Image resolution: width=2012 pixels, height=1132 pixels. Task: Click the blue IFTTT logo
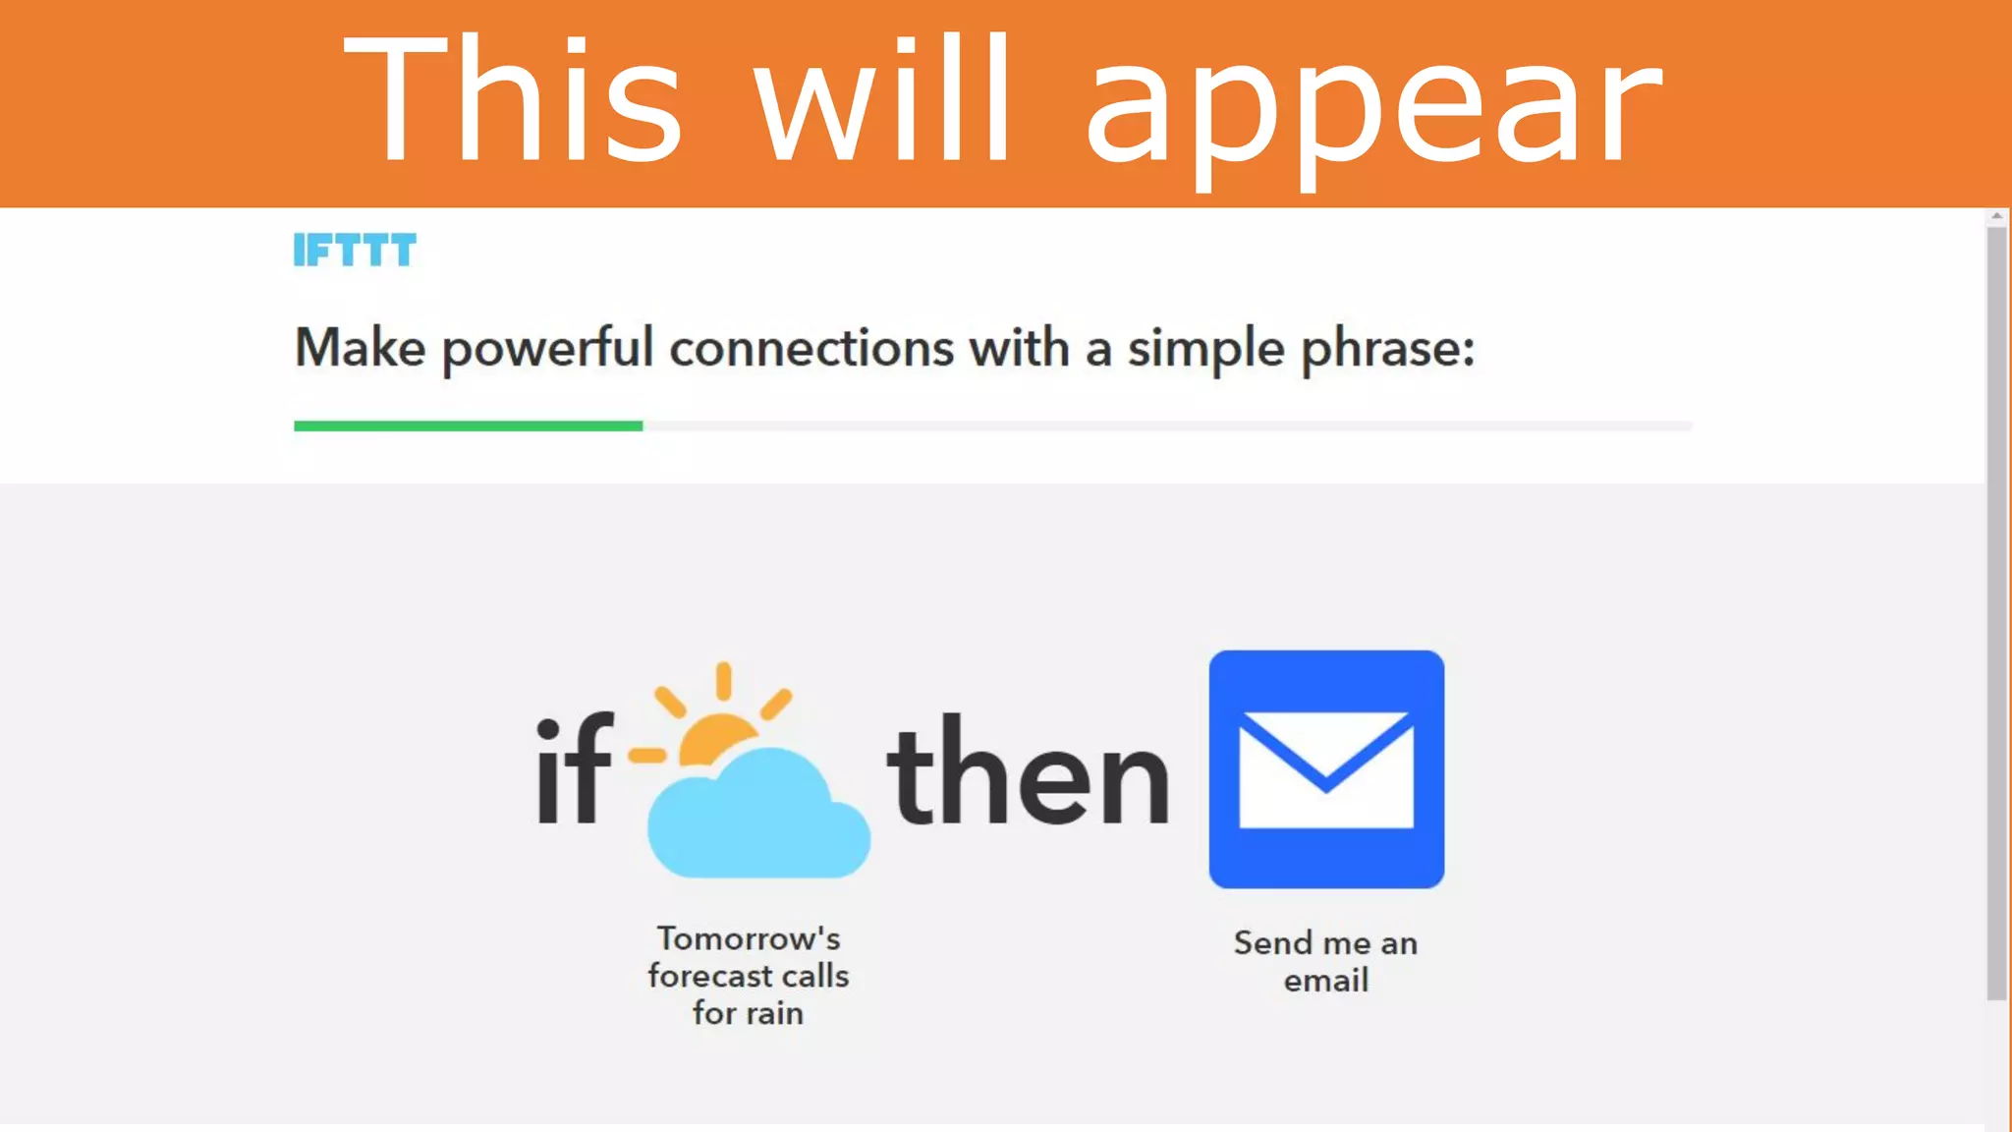pos(355,251)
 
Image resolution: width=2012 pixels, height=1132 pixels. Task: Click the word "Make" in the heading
pos(360,348)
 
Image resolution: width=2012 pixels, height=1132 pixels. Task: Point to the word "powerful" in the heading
pos(547,350)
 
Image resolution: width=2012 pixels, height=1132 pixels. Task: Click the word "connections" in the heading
pos(811,349)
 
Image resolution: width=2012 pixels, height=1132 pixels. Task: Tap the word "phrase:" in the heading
pos(1387,350)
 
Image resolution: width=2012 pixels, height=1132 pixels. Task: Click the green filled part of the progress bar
pos(468,425)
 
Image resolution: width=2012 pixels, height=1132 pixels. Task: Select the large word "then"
pos(1028,772)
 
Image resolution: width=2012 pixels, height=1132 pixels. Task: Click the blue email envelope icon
pos(1326,768)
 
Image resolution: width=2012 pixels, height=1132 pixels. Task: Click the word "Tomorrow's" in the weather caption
pos(749,938)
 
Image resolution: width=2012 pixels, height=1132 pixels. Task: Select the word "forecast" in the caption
pos(709,976)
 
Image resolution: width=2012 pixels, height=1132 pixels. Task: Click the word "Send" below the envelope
pos(1273,943)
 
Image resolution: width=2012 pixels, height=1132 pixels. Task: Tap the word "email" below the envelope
pos(1325,981)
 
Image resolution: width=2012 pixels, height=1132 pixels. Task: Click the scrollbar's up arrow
pos(1996,216)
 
